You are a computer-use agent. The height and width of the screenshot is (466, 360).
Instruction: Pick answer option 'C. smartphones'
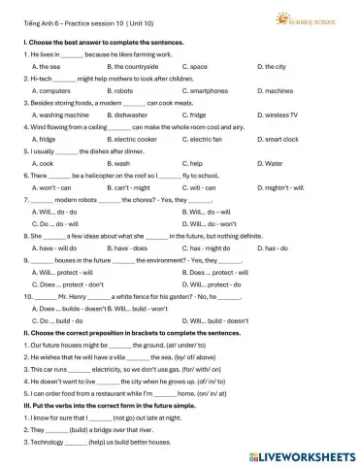pyautogui.click(x=205, y=90)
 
